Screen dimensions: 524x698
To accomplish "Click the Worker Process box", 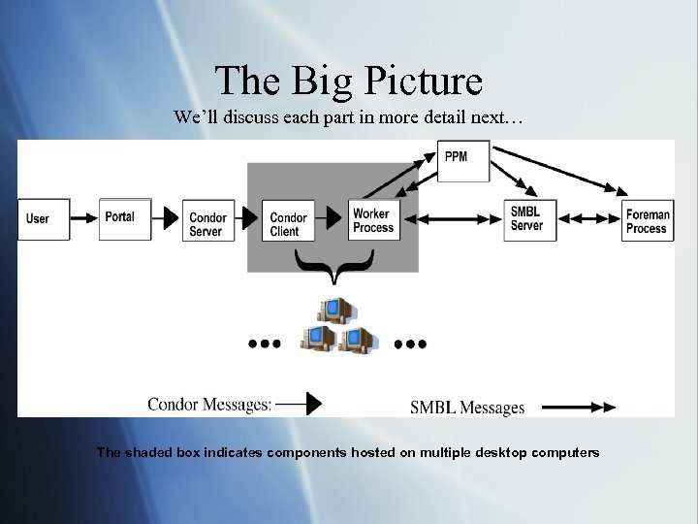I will (x=372, y=220).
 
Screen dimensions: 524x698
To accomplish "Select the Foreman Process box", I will (x=647, y=221).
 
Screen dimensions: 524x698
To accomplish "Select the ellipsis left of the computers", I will (x=264, y=344).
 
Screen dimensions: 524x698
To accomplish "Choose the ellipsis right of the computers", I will (x=410, y=344).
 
